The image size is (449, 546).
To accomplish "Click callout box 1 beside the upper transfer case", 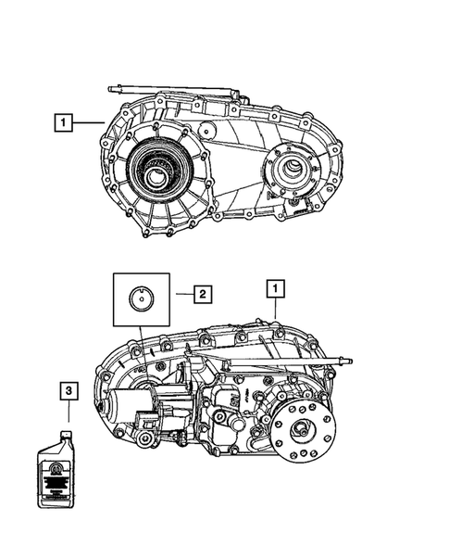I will click(63, 121).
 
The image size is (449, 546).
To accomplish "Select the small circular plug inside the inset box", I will click(140, 298).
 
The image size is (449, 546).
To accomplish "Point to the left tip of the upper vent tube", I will click(111, 90).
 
